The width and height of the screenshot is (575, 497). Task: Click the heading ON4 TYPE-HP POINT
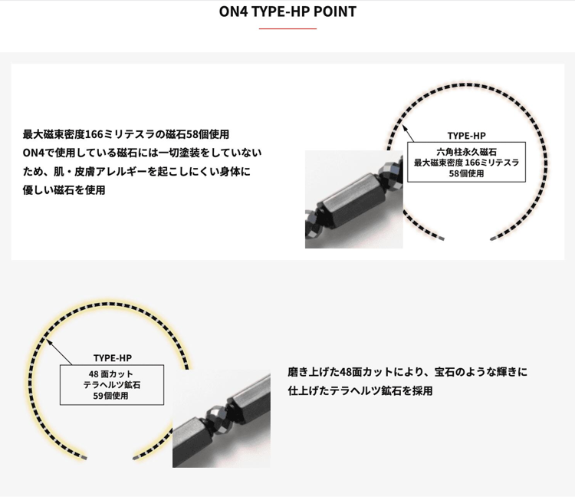click(287, 12)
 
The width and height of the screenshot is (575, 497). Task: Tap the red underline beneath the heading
click(287, 28)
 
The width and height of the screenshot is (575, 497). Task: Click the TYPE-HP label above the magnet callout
click(466, 136)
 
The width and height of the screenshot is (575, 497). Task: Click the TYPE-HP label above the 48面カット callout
click(112, 358)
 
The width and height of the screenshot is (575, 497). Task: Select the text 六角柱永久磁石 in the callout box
click(466, 152)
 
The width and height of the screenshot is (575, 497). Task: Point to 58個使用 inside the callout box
click(466, 173)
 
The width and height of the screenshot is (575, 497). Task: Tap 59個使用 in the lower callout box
click(110, 396)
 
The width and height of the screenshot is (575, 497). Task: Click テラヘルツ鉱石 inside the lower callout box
click(112, 385)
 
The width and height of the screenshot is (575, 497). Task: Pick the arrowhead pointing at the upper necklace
click(405, 128)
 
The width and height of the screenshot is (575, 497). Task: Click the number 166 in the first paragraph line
click(94, 135)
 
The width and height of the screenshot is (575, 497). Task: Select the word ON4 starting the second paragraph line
click(32, 153)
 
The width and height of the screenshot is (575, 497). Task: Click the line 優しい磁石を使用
click(64, 190)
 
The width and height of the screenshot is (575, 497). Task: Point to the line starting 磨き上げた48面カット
click(407, 372)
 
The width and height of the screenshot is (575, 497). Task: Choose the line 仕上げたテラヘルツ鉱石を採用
click(360, 391)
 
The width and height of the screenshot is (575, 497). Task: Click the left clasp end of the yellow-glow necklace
click(84, 458)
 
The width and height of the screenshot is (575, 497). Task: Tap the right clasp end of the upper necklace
click(493, 239)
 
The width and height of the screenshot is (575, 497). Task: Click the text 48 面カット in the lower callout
click(110, 374)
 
